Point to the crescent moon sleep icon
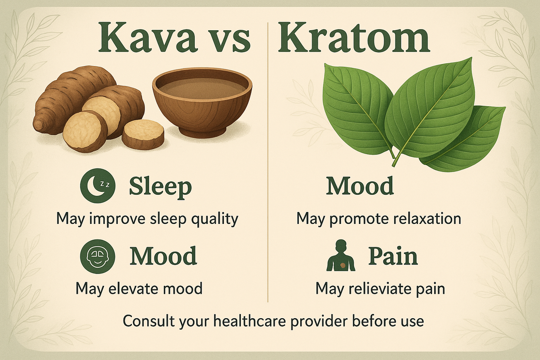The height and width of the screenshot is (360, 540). (98, 186)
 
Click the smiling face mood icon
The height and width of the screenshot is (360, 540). (98, 257)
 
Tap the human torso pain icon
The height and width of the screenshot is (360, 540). (341, 256)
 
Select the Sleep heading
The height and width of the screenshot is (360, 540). (160, 186)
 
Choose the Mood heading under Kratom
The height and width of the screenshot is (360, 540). (360, 186)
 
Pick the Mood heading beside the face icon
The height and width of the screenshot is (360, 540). (163, 256)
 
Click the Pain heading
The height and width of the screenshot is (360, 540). (393, 256)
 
